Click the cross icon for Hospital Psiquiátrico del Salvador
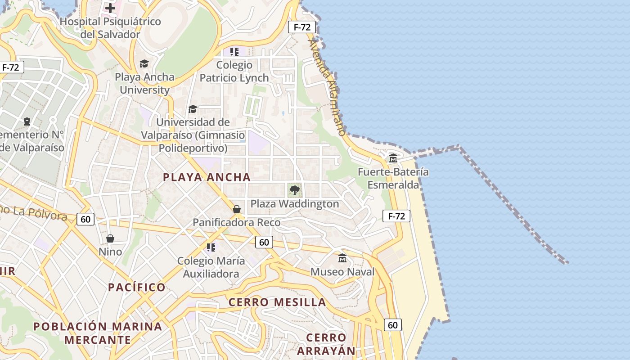click(110, 8)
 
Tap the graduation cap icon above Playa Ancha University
click(144, 63)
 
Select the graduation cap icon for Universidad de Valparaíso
click(193, 109)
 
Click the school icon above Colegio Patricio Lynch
click(234, 52)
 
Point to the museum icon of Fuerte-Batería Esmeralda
click(393, 158)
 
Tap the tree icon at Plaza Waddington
click(295, 190)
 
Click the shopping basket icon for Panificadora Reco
click(237, 209)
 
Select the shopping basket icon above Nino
click(110, 238)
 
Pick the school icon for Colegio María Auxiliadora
click(211, 247)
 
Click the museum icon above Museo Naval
click(342, 258)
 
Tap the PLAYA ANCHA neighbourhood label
click(207, 177)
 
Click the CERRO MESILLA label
click(277, 302)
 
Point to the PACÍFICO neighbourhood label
click(137, 287)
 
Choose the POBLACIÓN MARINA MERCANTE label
click(98, 333)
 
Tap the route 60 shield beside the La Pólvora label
click(85, 219)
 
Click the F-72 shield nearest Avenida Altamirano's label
click(302, 27)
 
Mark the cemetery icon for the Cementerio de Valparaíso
click(27, 121)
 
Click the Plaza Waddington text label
click(295, 204)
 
